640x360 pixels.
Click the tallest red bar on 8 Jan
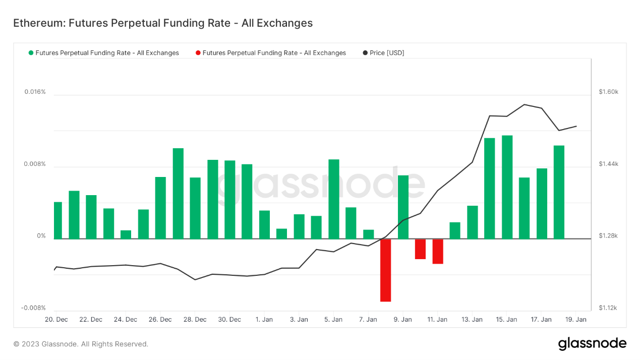(x=386, y=270)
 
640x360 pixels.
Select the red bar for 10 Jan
(x=420, y=249)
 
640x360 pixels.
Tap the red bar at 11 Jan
(x=438, y=251)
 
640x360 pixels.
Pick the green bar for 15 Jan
(x=507, y=187)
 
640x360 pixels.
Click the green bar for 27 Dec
(x=178, y=193)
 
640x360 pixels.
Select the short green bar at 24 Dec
(x=126, y=234)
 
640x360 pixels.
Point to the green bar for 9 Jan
(x=403, y=207)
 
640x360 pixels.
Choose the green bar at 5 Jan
(x=334, y=199)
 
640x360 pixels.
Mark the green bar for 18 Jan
(x=559, y=192)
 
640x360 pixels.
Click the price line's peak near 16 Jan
(x=525, y=104)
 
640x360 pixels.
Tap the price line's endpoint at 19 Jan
(x=576, y=126)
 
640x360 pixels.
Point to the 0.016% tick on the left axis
(x=35, y=92)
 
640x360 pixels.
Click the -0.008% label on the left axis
(x=33, y=308)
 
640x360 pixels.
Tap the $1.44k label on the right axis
(x=608, y=164)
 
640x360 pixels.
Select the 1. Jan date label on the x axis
(x=264, y=319)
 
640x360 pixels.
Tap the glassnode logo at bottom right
(x=592, y=344)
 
